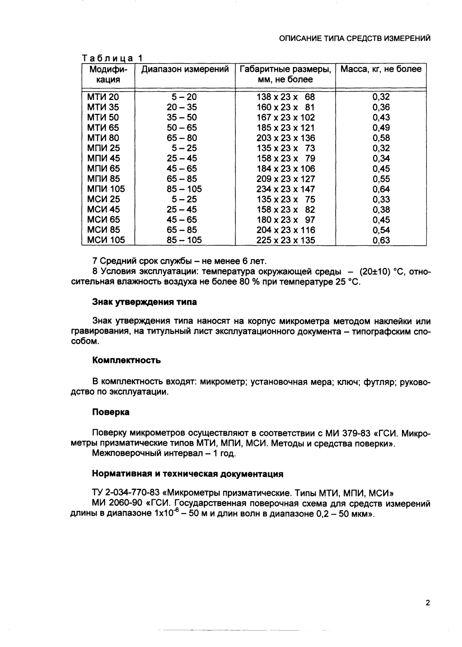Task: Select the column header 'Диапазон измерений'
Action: [185, 70]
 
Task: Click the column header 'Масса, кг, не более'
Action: [380, 70]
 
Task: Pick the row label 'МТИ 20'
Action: [103, 97]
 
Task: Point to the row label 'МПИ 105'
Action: [106, 189]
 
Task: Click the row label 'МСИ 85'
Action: [103, 230]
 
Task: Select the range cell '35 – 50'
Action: [182, 117]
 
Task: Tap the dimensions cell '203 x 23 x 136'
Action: [285, 138]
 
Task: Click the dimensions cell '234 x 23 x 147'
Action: [285, 189]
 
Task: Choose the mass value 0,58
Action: [381, 138]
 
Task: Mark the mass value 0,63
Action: [381, 240]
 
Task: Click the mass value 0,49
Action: [381, 128]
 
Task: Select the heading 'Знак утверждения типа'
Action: [144, 302]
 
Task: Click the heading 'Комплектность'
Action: [126, 361]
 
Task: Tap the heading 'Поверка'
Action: [111, 412]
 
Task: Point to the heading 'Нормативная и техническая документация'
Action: [187, 474]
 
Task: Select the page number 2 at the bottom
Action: [427, 603]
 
